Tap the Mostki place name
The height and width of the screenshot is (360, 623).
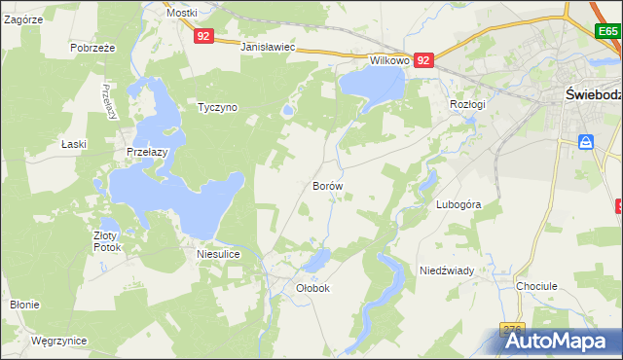tap(181, 13)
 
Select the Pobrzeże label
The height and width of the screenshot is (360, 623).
tap(93, 47)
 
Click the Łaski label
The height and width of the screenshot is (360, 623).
tap(74, 144)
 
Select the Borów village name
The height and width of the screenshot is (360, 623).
tap(327, 184)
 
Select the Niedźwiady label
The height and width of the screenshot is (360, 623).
tap(446, 270)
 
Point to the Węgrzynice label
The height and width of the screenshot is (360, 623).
tap(58, 341)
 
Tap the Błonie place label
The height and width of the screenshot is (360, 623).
tap(24, 305)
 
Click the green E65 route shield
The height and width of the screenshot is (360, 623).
tap(608, 31)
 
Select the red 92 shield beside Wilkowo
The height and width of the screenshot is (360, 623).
tap(423, 60)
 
